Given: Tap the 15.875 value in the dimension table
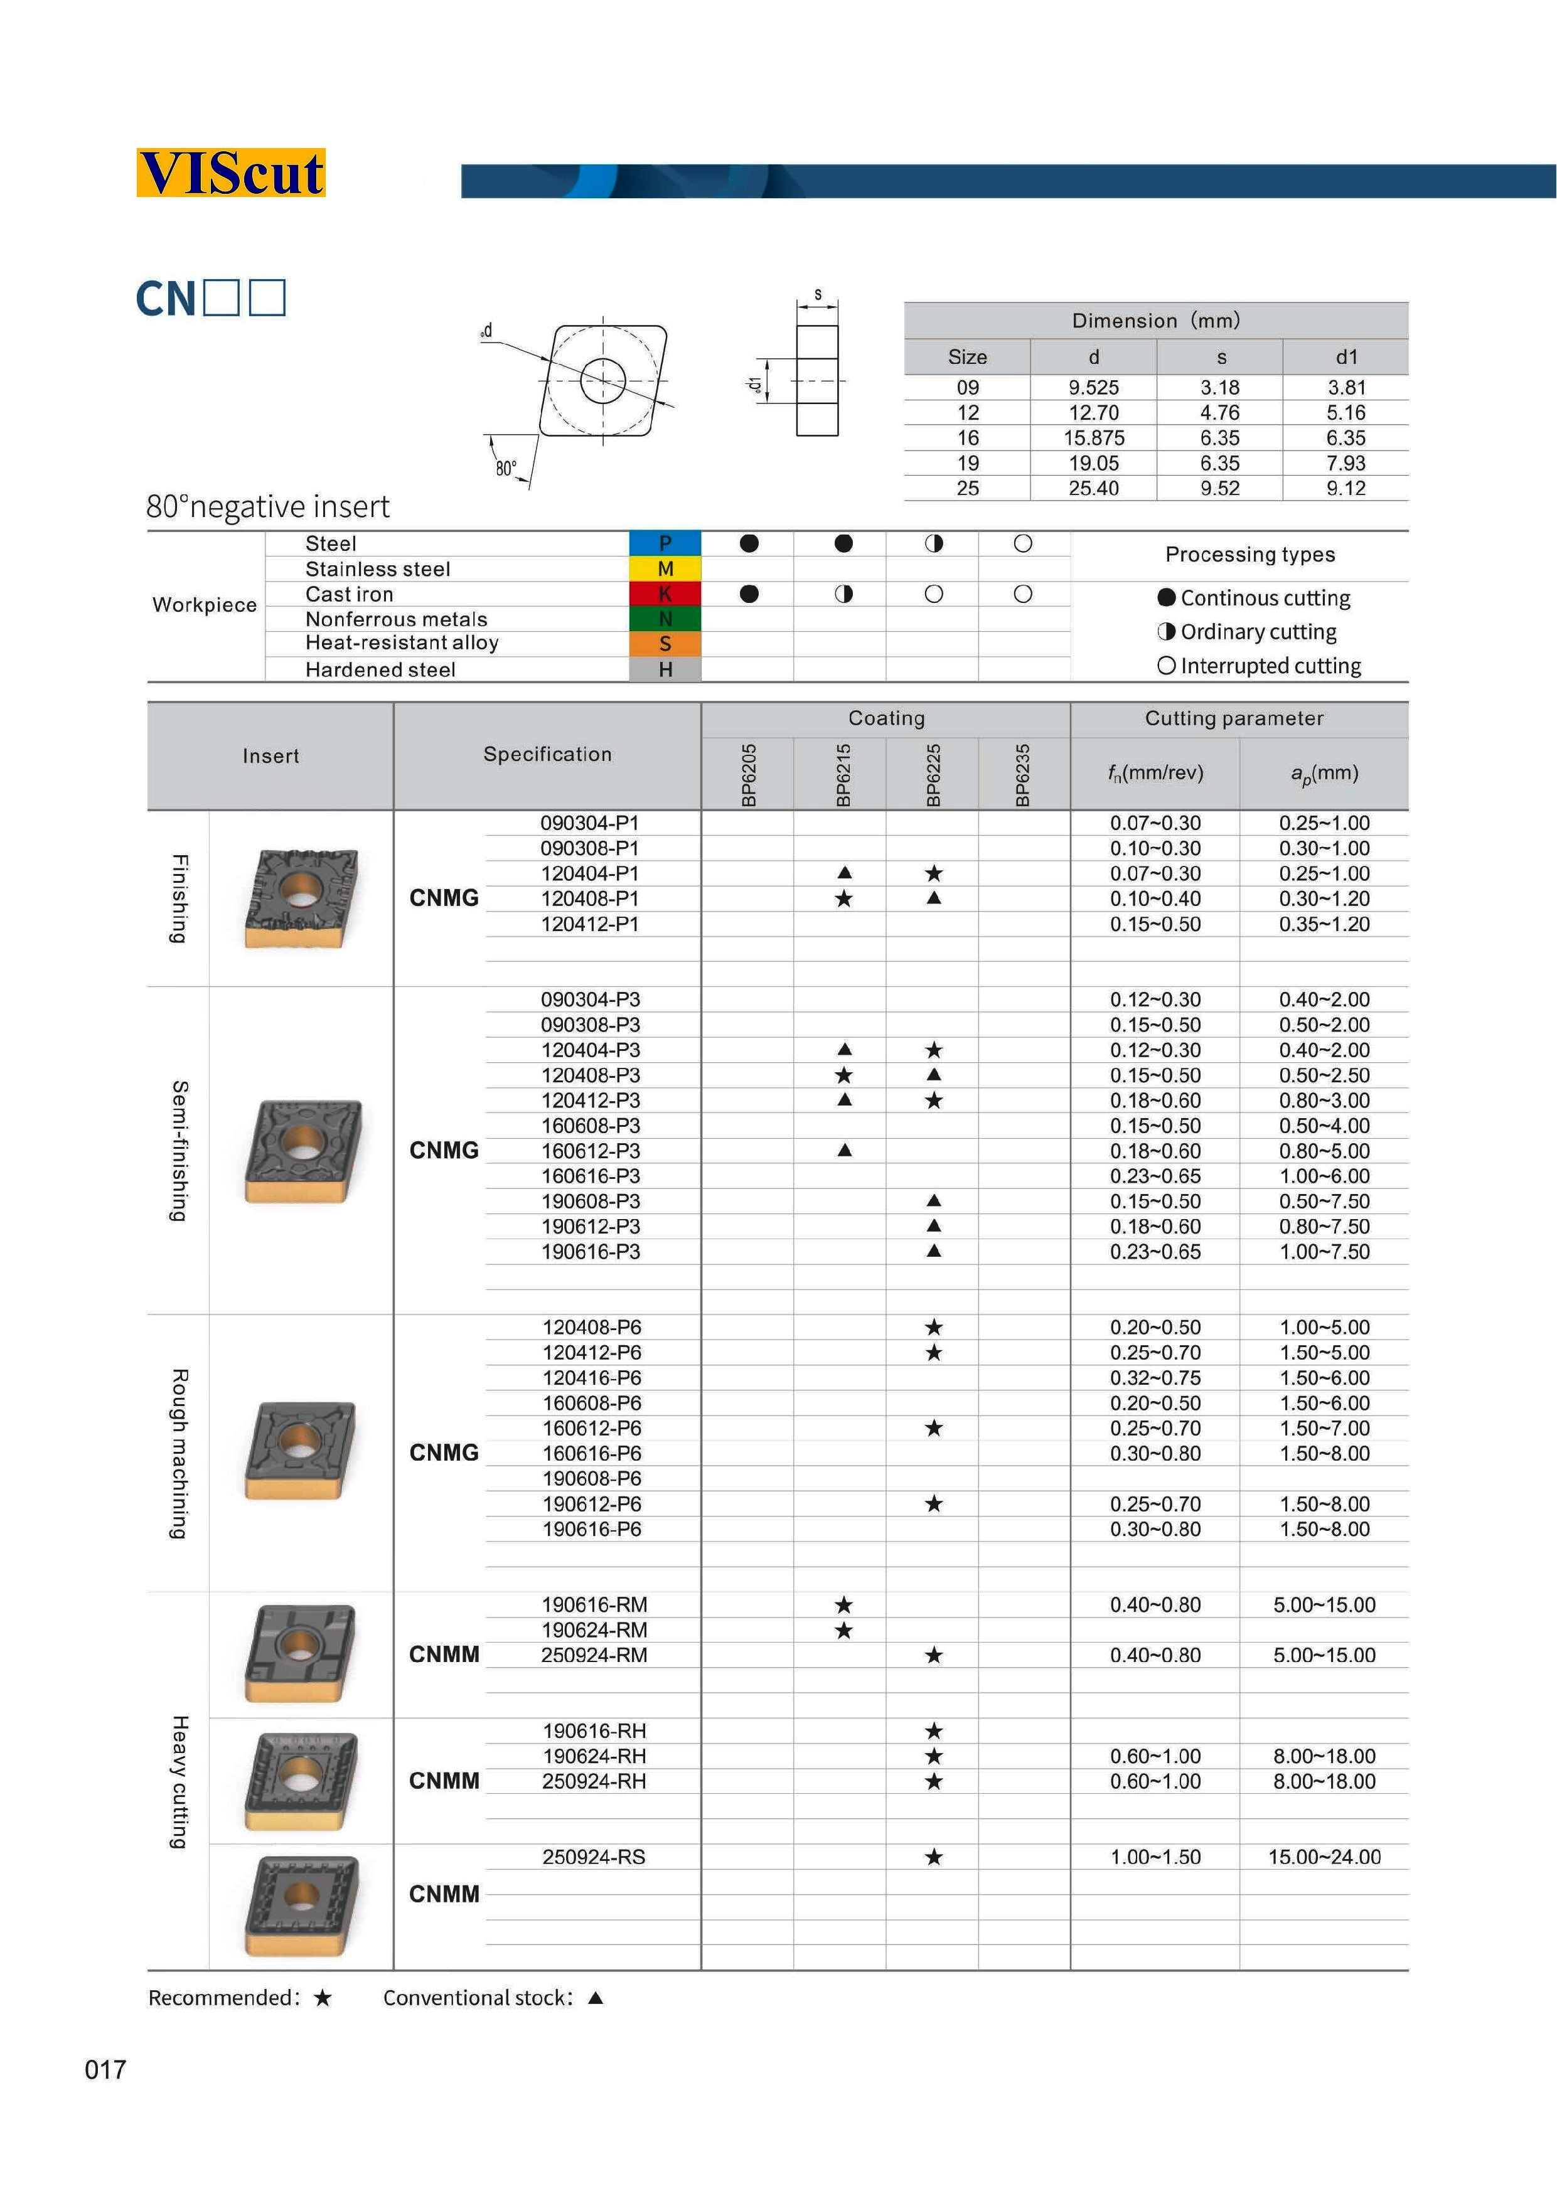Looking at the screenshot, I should pos(1093,438).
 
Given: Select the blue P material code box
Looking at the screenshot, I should pos(665,543).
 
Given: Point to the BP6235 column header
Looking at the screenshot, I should pos(1023,775).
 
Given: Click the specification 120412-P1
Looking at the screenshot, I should pos(590,924).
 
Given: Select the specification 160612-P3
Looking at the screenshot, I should pos(591,1151).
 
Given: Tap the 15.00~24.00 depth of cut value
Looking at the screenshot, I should pos(1324,1857).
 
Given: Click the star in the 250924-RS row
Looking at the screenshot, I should pos(934,1857).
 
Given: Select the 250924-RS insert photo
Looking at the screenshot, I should pos(301,1905).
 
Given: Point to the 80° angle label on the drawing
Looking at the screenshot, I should pos(505,469).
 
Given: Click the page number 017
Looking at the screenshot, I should pos(105,2070).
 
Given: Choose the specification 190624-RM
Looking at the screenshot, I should pos(594,1629).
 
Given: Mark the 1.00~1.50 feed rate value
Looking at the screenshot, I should pos(1155,1857).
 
